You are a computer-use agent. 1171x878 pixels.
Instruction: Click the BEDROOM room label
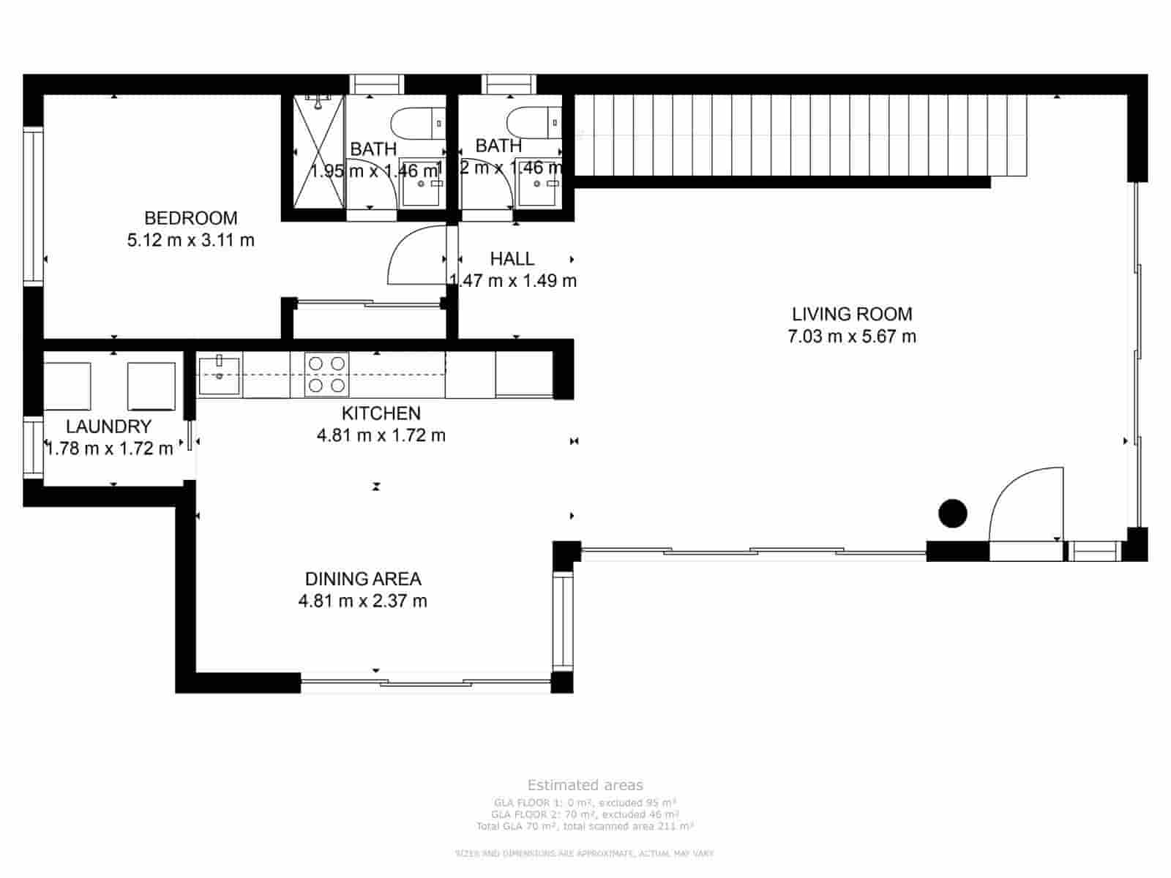click(x=190, y=218)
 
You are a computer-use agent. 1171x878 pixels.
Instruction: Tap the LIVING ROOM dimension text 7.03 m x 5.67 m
click(x=851, y=337)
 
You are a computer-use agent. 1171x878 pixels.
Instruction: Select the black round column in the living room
click(x=952, y=514)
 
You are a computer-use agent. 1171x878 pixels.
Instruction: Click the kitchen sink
click(x=219, y=374)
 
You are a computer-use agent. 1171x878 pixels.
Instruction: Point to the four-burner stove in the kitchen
click(x=326, y=374)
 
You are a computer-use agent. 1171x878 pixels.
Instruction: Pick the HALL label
click(x=512, y=258)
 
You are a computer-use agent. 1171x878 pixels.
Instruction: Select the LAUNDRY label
click(x=108, y=427)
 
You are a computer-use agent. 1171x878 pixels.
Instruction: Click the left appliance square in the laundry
click(x=67, y=386)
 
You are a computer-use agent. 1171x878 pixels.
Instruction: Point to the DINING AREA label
click(x=363, y=579)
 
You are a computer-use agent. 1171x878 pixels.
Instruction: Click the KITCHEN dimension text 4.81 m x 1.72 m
click(x=381, y=435)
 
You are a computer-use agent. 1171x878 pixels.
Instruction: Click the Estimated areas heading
click(x=585, y=785)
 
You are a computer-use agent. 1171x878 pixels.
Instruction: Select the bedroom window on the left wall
click(x=33, y=206)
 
